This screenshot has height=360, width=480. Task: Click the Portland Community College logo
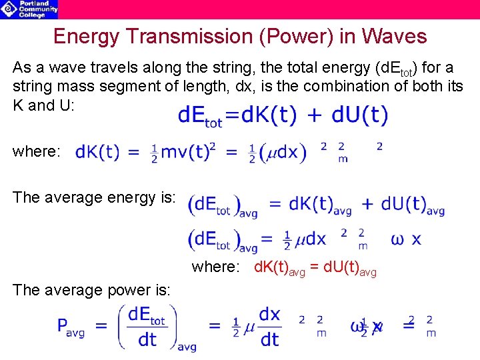(x=29, y=9)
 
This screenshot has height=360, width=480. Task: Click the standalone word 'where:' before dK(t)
(x=37, y=152)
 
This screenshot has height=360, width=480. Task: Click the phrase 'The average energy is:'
(x=94, y=197)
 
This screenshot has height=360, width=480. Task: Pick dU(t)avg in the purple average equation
(x=413, y=205)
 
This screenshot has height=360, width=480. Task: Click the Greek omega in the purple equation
(x=397, y=239)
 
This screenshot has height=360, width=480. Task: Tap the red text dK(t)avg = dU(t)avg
(x=315, y=268)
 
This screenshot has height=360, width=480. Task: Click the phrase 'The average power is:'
(x=91, y=290)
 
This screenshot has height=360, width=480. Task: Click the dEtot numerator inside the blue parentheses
(x=147, y=316)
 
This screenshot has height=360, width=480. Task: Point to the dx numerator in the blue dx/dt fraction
(x=269, y=314)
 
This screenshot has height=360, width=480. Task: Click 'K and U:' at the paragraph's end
(x=41, y=105)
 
